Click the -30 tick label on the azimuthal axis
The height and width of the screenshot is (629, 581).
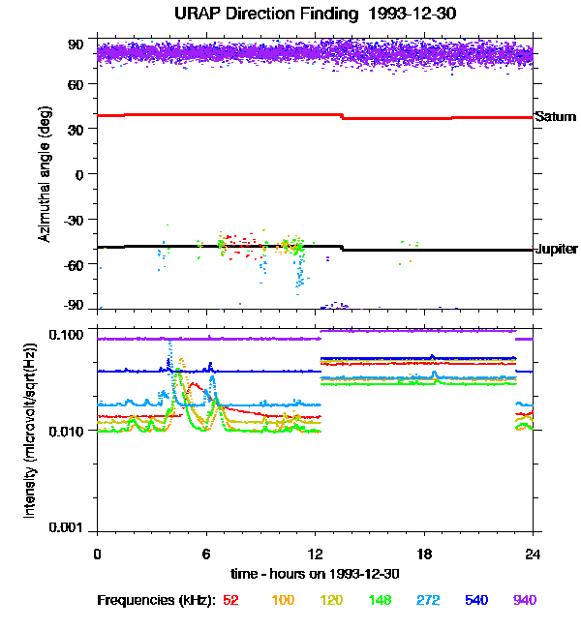point(73,219)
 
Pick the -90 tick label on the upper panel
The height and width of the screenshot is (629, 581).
point(73,306)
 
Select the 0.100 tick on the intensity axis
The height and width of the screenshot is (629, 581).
point(67,335)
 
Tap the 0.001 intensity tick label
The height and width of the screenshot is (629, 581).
point(67,527)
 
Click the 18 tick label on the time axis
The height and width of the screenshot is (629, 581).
point(423,554)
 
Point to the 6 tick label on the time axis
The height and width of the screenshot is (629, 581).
point(206,554)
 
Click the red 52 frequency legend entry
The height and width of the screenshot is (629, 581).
point(230,600)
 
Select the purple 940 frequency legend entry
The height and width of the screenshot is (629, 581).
point(524,600)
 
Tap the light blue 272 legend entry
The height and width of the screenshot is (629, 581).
point(427,600)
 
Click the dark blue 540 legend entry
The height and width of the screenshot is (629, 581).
point(475,600)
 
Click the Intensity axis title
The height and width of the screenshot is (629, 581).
point(30,431)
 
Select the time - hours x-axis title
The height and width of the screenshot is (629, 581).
point(315,573)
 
